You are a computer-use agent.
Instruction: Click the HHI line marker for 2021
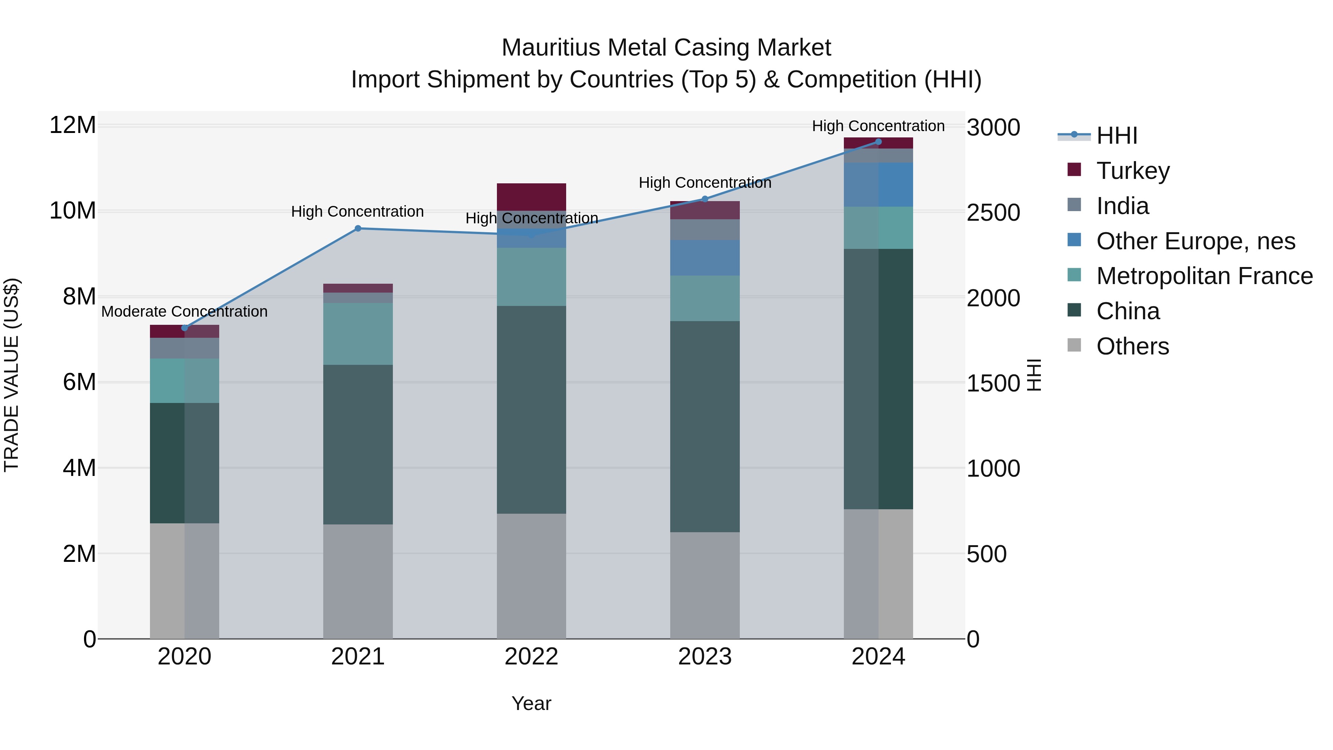[358, 228]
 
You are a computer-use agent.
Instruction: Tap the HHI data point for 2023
[704, 199]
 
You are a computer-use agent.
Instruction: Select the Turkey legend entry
[1133, 171]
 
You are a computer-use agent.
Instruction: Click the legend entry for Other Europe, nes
[1195, 241]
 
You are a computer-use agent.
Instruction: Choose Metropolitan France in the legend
[1204, 276]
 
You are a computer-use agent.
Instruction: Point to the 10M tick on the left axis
[73, 211]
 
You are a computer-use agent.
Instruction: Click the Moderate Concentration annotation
[184, 311]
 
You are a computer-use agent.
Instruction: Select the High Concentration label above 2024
[878, 126]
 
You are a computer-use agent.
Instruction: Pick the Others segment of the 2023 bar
[704, 585]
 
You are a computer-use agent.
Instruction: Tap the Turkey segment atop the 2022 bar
[531, 197]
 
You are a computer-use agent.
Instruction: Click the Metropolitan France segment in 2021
[358, 334]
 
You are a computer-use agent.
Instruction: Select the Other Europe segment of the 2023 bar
[704, 257]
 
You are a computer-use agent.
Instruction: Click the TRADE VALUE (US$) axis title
[12, 375]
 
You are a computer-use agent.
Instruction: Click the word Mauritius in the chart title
[552, 48]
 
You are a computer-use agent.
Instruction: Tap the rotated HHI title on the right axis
[1033, 375]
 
